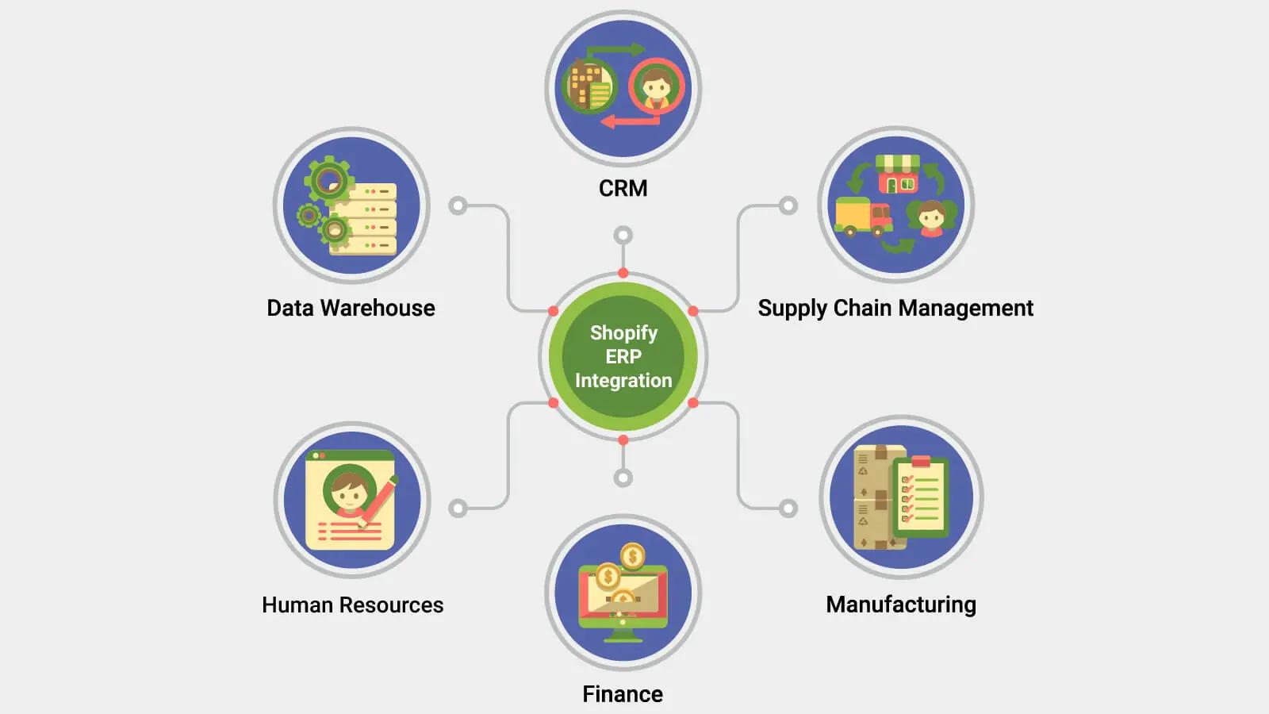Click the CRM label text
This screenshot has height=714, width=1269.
623,188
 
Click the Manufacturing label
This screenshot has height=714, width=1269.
901,605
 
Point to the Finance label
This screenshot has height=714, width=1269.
623,694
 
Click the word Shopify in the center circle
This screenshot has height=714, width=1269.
623,332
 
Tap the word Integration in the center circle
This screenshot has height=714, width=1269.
623,381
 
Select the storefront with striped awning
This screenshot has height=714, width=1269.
898,174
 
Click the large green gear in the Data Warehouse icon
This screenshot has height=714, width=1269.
329,180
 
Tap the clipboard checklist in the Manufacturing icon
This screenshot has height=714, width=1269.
920,498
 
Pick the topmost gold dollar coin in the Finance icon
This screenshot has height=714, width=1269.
632,557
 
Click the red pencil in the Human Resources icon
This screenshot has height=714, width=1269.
378,501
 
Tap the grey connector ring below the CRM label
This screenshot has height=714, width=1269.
623,235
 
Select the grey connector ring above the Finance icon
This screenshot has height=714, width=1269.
623,478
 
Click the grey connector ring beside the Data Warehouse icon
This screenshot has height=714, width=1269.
458,206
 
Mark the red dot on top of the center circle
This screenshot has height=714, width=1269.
623,273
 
